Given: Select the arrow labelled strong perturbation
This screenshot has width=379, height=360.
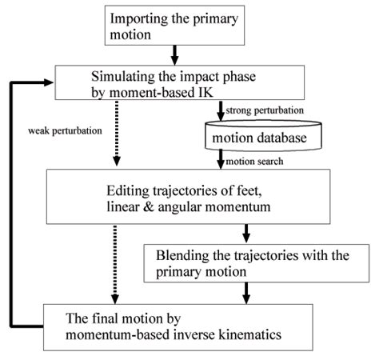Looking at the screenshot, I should (220, 111).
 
